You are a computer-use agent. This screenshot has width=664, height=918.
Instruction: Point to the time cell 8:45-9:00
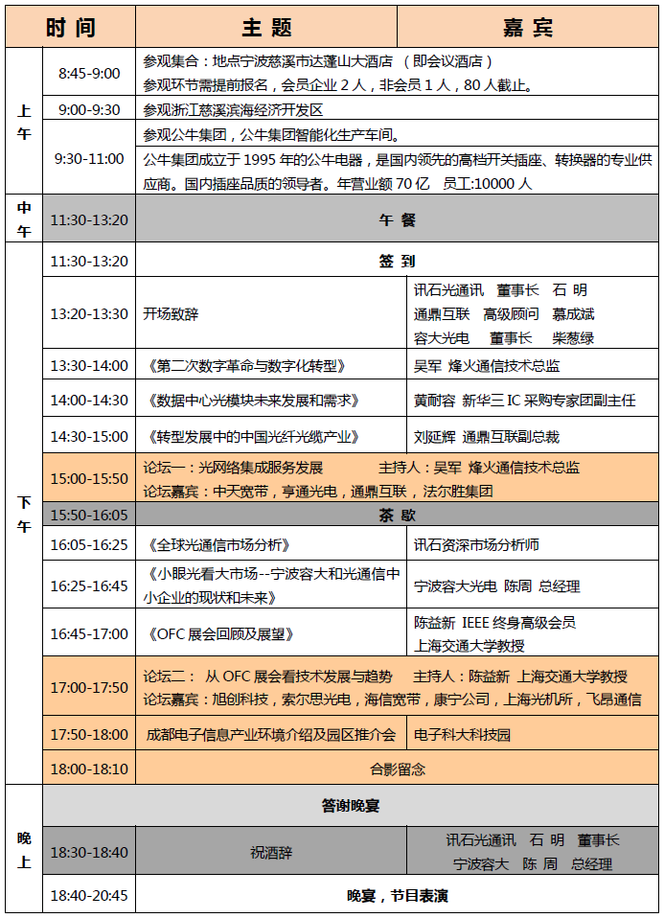(x=89, y=73)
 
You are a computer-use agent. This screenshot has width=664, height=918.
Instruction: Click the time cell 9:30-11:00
(x=89, y=157)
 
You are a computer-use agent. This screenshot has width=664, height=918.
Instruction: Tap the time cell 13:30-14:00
(x=89, y=365)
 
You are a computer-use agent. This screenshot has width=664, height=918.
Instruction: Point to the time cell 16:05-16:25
(x=89, y=544)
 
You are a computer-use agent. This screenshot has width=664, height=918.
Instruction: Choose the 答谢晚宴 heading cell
(x=351, y=806)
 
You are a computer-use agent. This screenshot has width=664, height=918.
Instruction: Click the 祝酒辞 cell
(x=271, y=852)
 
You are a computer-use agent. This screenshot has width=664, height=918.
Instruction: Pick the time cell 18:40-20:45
(x=89, y=896)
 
